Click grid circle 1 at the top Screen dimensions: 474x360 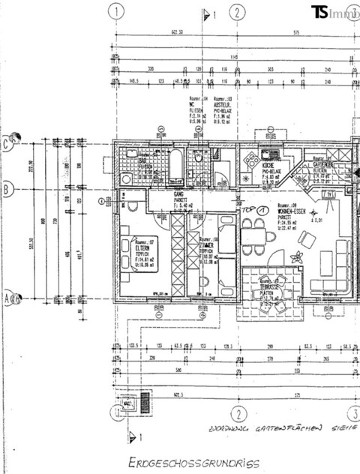tap(116, 11)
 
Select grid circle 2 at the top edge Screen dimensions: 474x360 tap(237, 11)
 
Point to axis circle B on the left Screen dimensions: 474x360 tap(7, 190)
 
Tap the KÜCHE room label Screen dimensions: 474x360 tap(270, 166)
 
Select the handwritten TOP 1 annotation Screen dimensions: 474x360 tap(254, 211)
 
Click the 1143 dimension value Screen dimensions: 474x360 tap(235, 56)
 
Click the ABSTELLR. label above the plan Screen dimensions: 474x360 tap(223, 103)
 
